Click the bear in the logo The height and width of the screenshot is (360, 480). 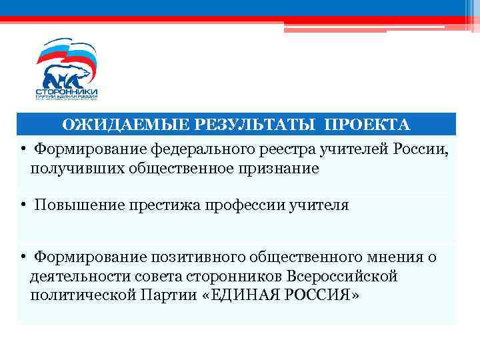(x=67, y=75)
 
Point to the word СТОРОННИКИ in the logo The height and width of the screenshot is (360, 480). (x=67, y=91)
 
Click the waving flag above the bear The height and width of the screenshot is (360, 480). (x=67, y=51)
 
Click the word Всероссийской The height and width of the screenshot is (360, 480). (x=342, y=276)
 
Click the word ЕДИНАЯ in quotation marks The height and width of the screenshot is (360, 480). (x=243, y=295)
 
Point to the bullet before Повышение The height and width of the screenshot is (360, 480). (x=23, y=205)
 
